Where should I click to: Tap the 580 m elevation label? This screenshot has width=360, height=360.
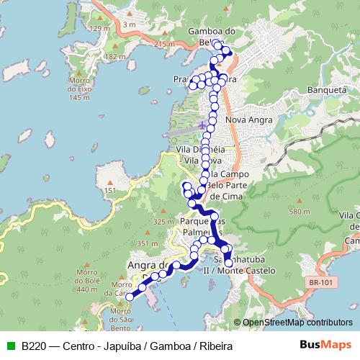pyautogui.click(x=298, y=212)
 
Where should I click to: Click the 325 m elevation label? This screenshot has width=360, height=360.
pyautogui.click(x=164, y=222)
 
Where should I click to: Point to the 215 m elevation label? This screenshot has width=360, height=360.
pyautogui.click(x=165, y=45)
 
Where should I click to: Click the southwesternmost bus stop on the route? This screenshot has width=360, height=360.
pyautogui.click(x=130, y=296)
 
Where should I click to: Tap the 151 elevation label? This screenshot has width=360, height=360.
pyautogui.click(x=110, y=190)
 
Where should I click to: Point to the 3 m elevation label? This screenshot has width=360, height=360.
pyautogui.click(x=130, y=25)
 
